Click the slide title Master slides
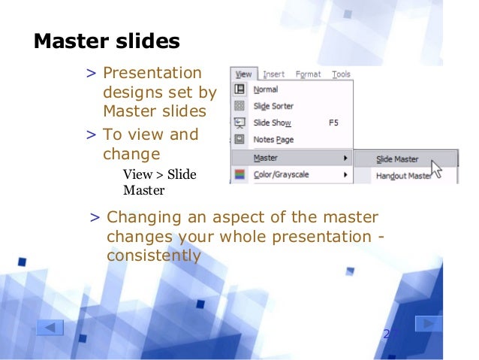tap(107, 41)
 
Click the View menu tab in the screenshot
tap(243, 74)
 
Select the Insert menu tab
tap(273, 74)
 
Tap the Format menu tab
tap(308, 74)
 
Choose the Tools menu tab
tap(341, 74)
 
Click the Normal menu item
tap(266, 89)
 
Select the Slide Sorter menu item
tap(273, 106)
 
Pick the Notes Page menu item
tap(273, 139)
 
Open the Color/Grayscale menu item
tap(281, 175)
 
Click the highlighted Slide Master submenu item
tap(397, 159)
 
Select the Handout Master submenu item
tap(402, 176)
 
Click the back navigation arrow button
tap(50, 328)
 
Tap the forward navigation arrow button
tap(428, 324)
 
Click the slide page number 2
tap(387, 333)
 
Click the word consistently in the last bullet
tap(154, 256)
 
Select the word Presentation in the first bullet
tap(152, 74)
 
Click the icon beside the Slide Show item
tap(240, 123)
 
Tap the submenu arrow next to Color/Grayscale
tap(345, 175)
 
